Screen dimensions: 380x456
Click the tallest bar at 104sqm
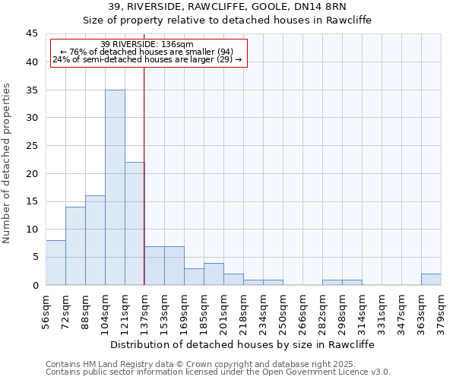coord(115,187)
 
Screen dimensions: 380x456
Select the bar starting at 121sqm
coord(135,223)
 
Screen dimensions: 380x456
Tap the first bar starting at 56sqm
coord(55,262)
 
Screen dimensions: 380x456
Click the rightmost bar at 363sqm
coord(430,279)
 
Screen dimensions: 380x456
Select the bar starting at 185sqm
coord(214,274)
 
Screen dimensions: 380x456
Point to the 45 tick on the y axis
coord(33,34)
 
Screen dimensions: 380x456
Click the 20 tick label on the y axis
coord(33,173)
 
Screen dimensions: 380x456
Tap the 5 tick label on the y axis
coord(35,257)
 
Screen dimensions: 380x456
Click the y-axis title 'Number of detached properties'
coord(8,163)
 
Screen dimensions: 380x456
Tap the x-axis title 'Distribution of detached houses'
coord(242,344)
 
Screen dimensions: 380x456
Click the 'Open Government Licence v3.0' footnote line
coord(218,372)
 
